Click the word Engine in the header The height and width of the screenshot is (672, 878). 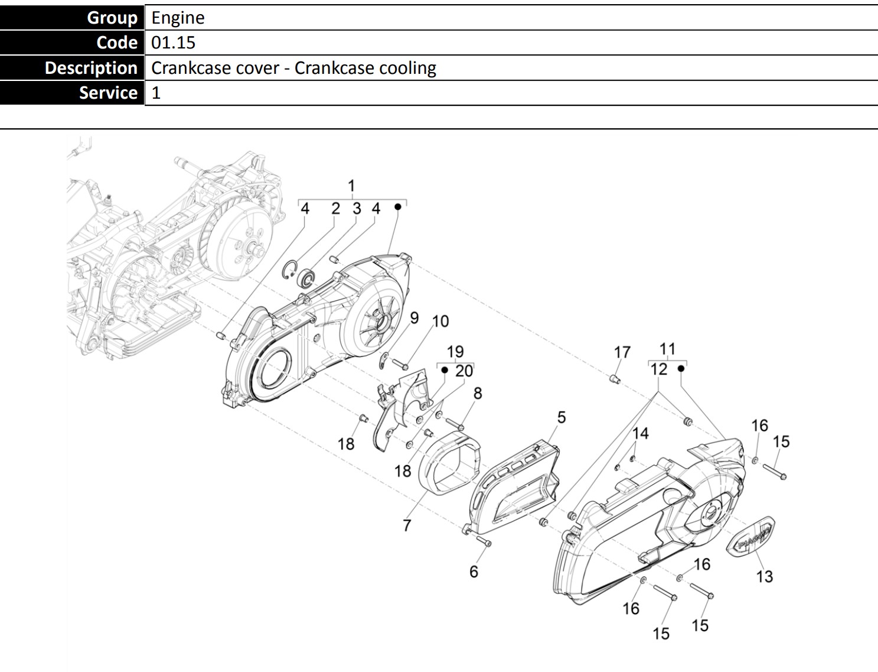(x=178, y=18)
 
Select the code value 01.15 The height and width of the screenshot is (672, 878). (x=173, y=43)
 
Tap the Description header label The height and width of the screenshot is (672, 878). (x=91, y=67)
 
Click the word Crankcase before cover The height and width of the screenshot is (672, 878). (x=215, y=67)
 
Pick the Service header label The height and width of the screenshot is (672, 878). (x=109, y=92)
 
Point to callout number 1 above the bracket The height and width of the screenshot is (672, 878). (x=351, y=186)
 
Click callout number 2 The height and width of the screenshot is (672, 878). (x=335, y=209)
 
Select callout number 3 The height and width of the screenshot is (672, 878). (x=357, y=209)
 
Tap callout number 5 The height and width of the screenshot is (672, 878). (x=562, y=417)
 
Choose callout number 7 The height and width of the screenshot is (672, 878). (x=407, y=525)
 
